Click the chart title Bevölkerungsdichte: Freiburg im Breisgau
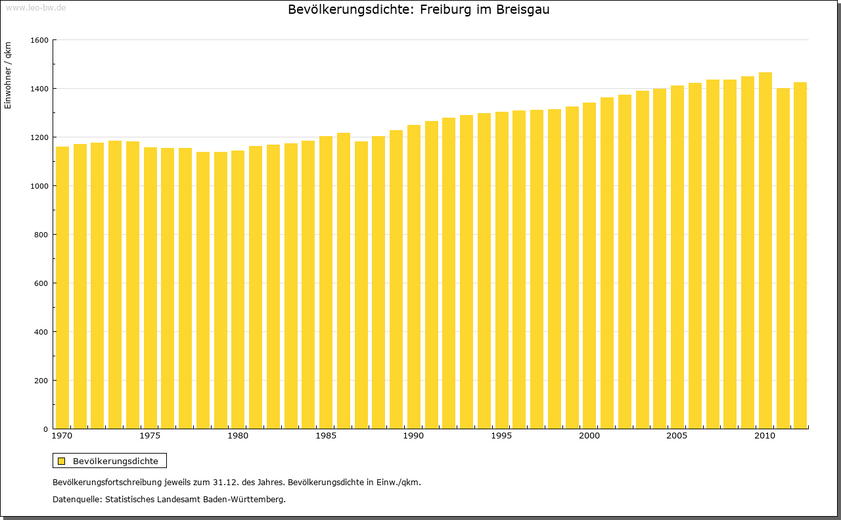[x=419, y=10]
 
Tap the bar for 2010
[x=765, y=250]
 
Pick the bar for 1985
[x=326, y=282]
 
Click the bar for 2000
[x=589, y=266]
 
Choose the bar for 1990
[x=414, y=277]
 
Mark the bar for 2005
[x=677, y=257]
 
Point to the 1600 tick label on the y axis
[x=39, y=40]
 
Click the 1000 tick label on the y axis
[x=39, y=186]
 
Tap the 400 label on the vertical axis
[x=41, y=332]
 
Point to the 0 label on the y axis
[x=45, y=429]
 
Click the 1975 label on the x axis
[x=150, y=436]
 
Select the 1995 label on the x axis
[x=501, y=436]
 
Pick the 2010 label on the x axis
[x=765, y=436]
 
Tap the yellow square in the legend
[x=62, y=461]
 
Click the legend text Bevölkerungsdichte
[x=116, y=461]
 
